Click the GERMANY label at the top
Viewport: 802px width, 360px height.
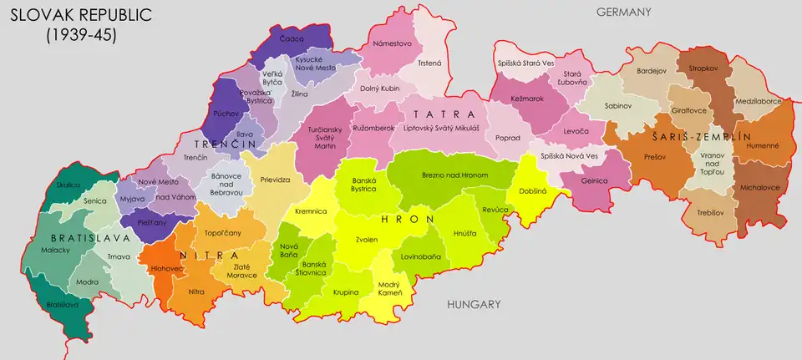[x=622, y=12]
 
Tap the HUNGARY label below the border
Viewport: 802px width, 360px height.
[x=473, y=304]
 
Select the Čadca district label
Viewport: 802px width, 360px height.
[x=293, y=38]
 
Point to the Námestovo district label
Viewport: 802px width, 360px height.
[x=392, y=43]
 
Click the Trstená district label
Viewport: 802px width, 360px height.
[x=429, y=63]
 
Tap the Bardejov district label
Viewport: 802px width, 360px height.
[x=652, y=71]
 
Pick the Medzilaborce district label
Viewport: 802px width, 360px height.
[x=757, y=101]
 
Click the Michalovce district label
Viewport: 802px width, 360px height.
[x=760, y=188]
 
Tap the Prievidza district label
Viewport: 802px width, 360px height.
[x=275, y=179]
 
